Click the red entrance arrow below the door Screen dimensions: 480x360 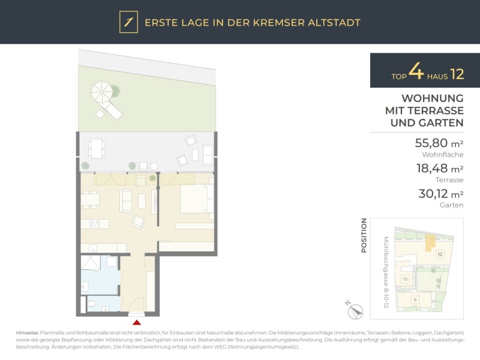coord(137,322)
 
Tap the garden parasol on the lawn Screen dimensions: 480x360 coord(102,92)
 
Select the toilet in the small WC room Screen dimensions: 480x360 coord(92,304)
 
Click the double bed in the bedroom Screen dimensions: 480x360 coord(197,199)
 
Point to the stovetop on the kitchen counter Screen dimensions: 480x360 coord(95,224)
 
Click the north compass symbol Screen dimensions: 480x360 coord(355,311)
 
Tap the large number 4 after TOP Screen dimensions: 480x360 coord(416,71)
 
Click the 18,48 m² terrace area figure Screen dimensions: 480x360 coord(440,169)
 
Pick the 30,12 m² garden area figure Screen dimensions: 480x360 coord(441,194)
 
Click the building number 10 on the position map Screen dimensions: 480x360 coord(406,279)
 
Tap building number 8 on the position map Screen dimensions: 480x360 coord(415,299)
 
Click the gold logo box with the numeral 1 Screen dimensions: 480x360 coord(128,22)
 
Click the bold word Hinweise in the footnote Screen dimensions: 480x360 coord(28,332)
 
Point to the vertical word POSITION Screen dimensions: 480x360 coord(364,235)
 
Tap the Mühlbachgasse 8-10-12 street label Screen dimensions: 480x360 coord(386,272)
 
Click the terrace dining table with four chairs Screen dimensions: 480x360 coord(97,148)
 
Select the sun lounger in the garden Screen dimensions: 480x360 coord(112,110)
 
